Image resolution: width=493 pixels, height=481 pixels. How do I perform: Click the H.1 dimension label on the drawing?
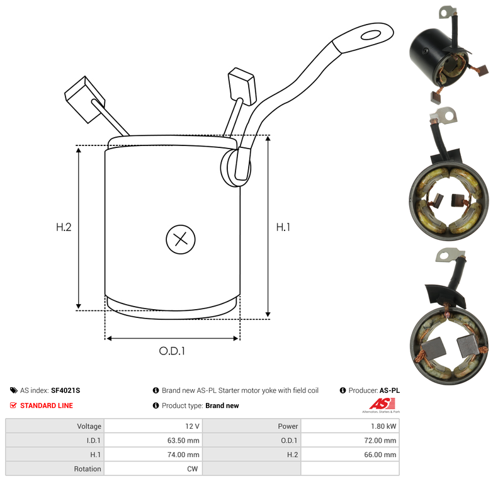[x=283, y=227]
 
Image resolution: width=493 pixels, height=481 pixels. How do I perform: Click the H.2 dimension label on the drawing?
[x=64, y=227]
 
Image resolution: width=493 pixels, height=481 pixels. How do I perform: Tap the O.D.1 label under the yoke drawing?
[x=172, y=351]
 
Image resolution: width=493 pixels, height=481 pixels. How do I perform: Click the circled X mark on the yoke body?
[x=181, y=239]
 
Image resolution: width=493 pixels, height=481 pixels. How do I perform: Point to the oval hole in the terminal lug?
[x=371, y=35]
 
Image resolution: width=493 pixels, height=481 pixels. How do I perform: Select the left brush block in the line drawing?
[x=84, y=99]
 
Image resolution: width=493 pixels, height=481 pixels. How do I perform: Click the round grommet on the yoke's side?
[x=235, y=167]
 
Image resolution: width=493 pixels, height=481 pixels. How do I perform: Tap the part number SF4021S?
[x=65, y=390]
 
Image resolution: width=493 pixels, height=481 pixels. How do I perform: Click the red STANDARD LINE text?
[x=47, y=405]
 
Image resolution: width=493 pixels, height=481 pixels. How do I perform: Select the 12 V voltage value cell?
[x=153, y=426]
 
